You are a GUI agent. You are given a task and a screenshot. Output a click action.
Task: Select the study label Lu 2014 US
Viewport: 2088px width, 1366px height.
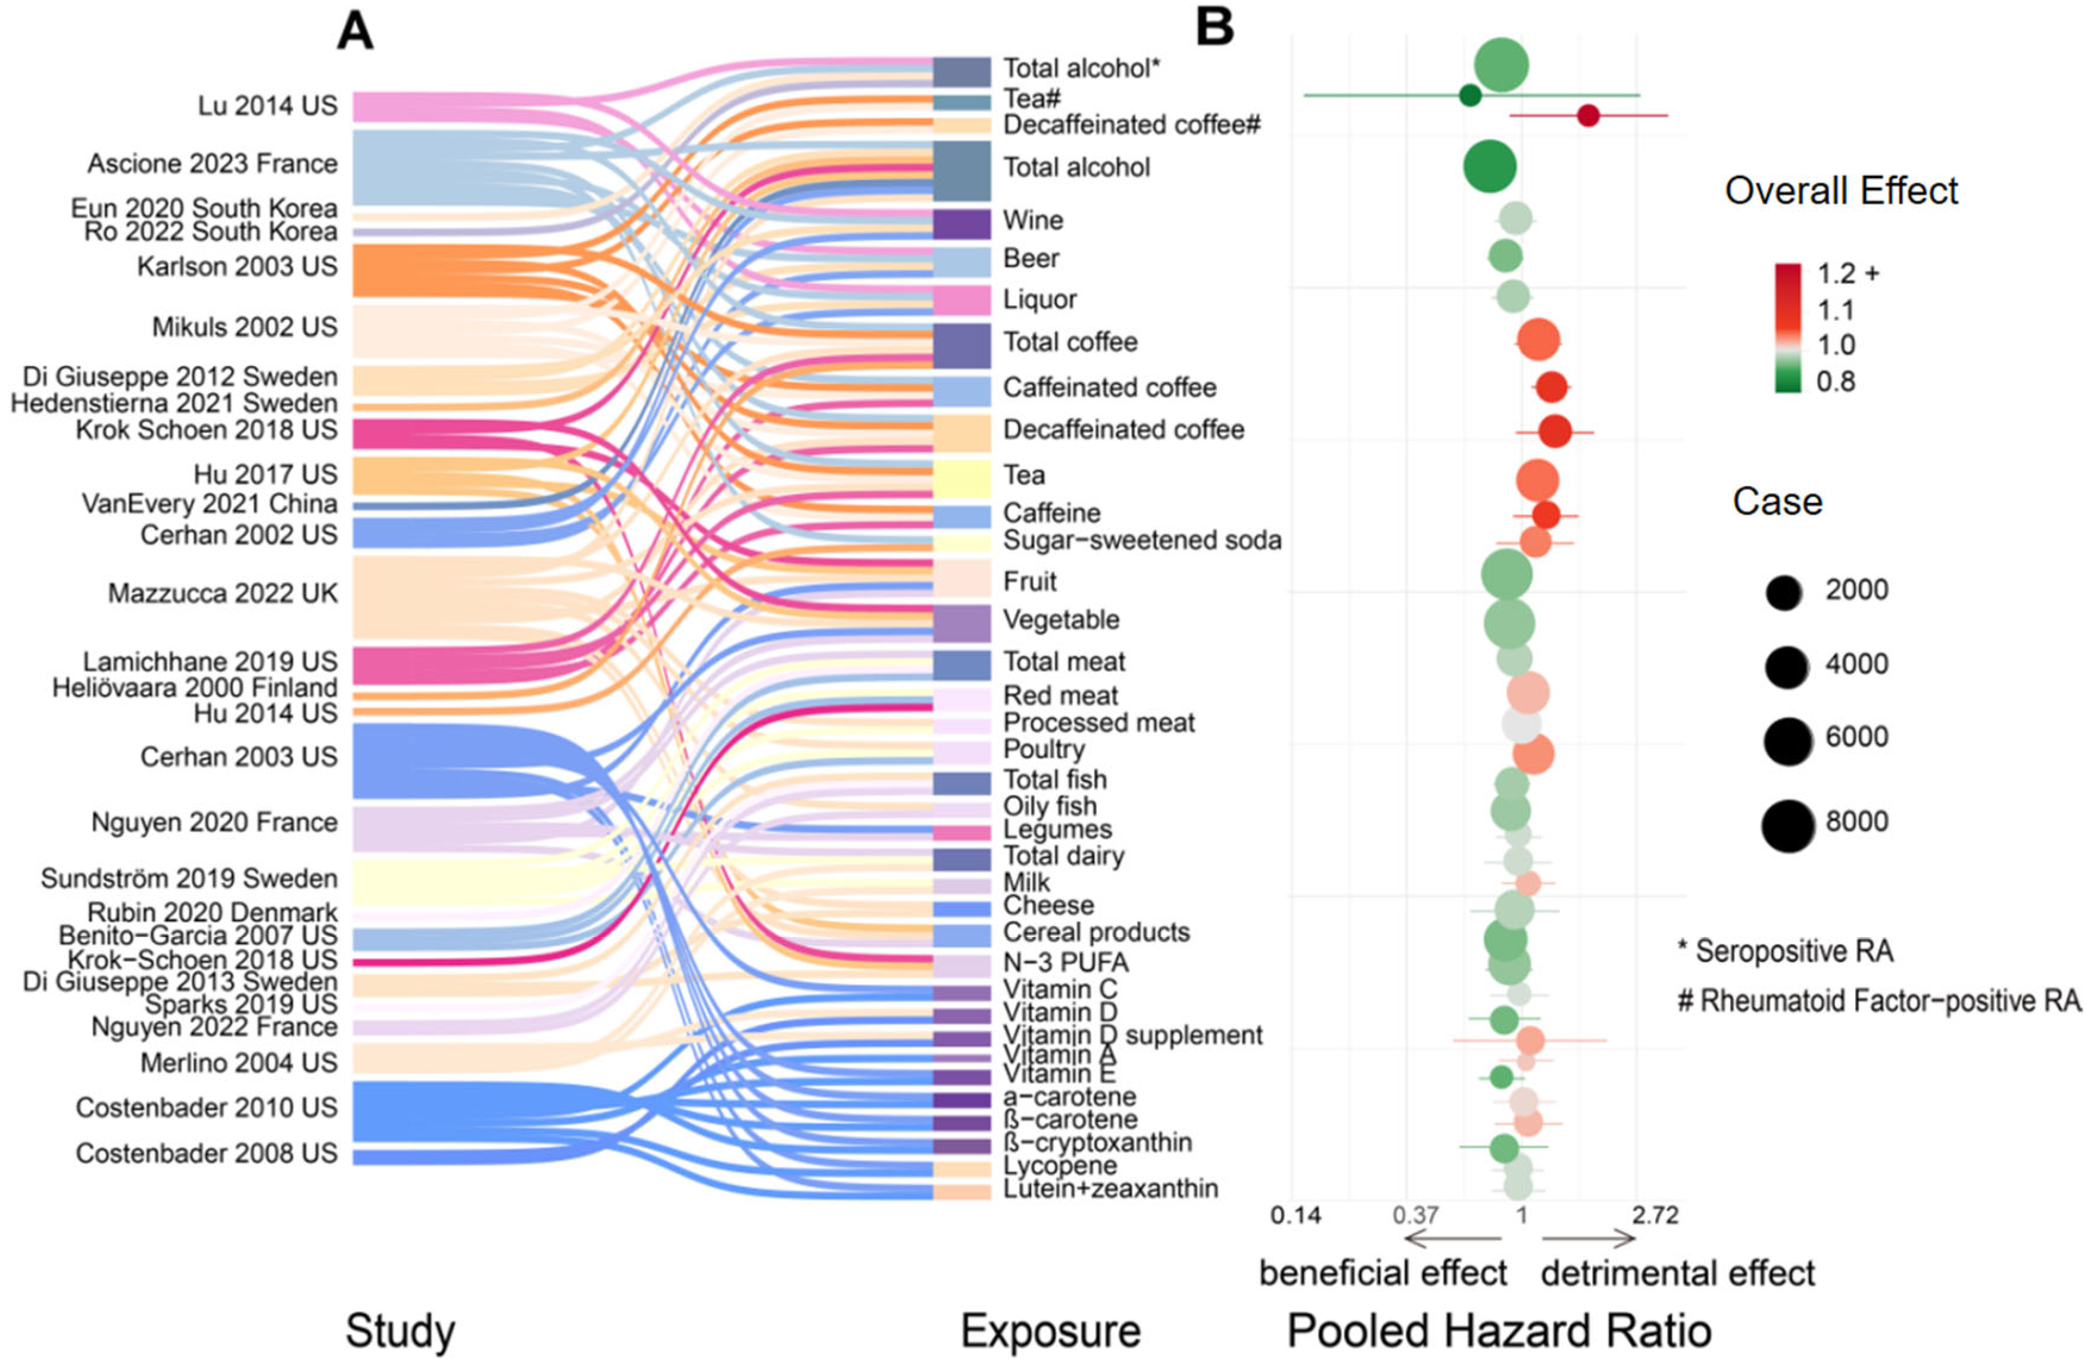(x=267, y=106)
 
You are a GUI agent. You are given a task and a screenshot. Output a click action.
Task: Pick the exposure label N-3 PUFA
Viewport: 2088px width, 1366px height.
(x=1065, y=962)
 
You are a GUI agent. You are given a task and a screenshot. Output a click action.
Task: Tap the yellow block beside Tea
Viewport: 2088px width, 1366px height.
(x=962, y=478)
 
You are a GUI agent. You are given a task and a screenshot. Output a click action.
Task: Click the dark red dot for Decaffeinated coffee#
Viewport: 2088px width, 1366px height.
(x=1588, y=115)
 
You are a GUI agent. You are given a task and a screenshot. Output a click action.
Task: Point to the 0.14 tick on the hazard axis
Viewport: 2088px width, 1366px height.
(x=1296, y=1216)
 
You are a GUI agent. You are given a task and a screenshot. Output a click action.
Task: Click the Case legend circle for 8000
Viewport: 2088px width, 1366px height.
(x=1787, y=826)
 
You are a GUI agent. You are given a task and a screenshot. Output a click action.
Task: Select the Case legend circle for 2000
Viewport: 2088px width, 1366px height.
(x=1784, y=594)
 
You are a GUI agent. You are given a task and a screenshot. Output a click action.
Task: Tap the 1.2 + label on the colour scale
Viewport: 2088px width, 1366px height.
(x=1847, y=274)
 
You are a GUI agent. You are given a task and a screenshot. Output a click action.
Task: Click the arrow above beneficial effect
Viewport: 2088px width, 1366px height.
(x=1453, y=1239)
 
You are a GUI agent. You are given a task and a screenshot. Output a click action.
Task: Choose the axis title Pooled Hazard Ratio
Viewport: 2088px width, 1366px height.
(x=1499, y=1331)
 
